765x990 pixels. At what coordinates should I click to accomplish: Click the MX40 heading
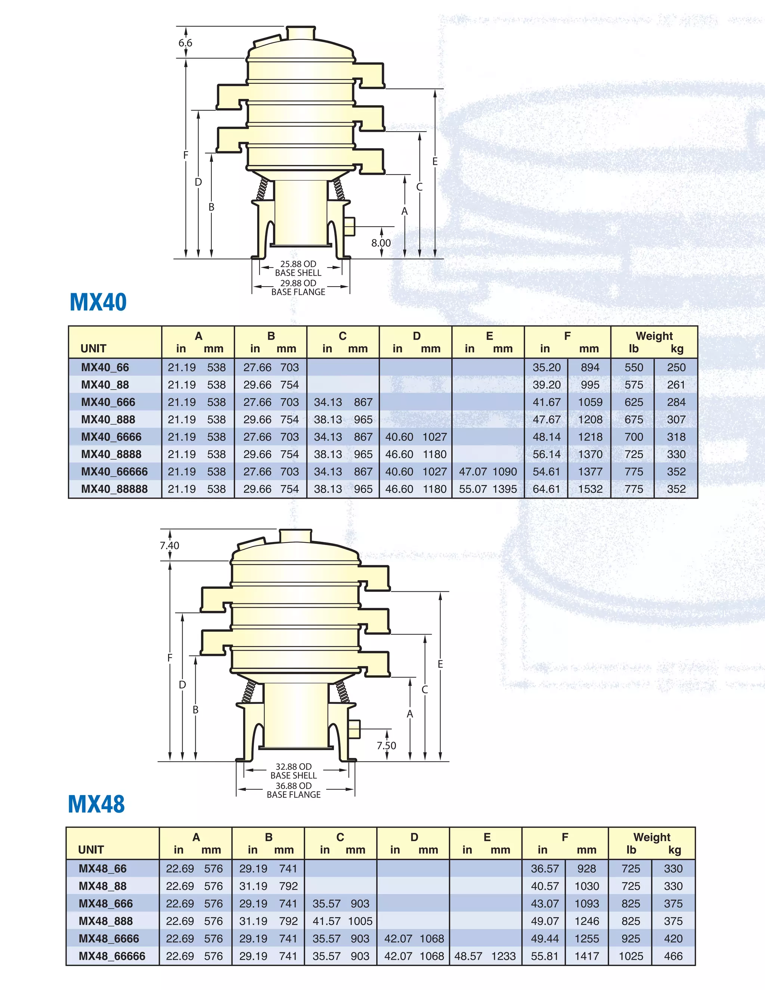98,302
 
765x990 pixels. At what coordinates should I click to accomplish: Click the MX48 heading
96,804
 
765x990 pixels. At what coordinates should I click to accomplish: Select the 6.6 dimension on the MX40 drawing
185,43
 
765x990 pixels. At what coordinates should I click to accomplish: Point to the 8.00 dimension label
381,242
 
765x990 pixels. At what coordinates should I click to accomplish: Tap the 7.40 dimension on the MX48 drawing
170,545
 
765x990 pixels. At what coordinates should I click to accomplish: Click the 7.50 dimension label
386,745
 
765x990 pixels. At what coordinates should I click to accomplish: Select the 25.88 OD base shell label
298,268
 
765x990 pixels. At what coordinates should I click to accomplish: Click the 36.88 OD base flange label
293,790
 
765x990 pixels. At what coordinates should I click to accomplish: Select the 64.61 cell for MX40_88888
546,489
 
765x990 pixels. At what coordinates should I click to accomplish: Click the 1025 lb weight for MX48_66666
631,956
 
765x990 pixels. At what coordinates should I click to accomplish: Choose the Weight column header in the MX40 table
654,336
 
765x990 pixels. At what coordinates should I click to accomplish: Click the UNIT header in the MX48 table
91,850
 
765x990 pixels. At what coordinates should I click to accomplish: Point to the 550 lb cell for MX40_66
634,368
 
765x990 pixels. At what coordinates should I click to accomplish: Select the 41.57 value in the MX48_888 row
326,921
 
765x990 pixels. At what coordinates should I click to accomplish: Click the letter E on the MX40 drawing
435,161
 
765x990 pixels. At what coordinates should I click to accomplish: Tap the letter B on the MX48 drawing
195,709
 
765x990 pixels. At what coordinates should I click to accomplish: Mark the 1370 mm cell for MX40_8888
590,454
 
